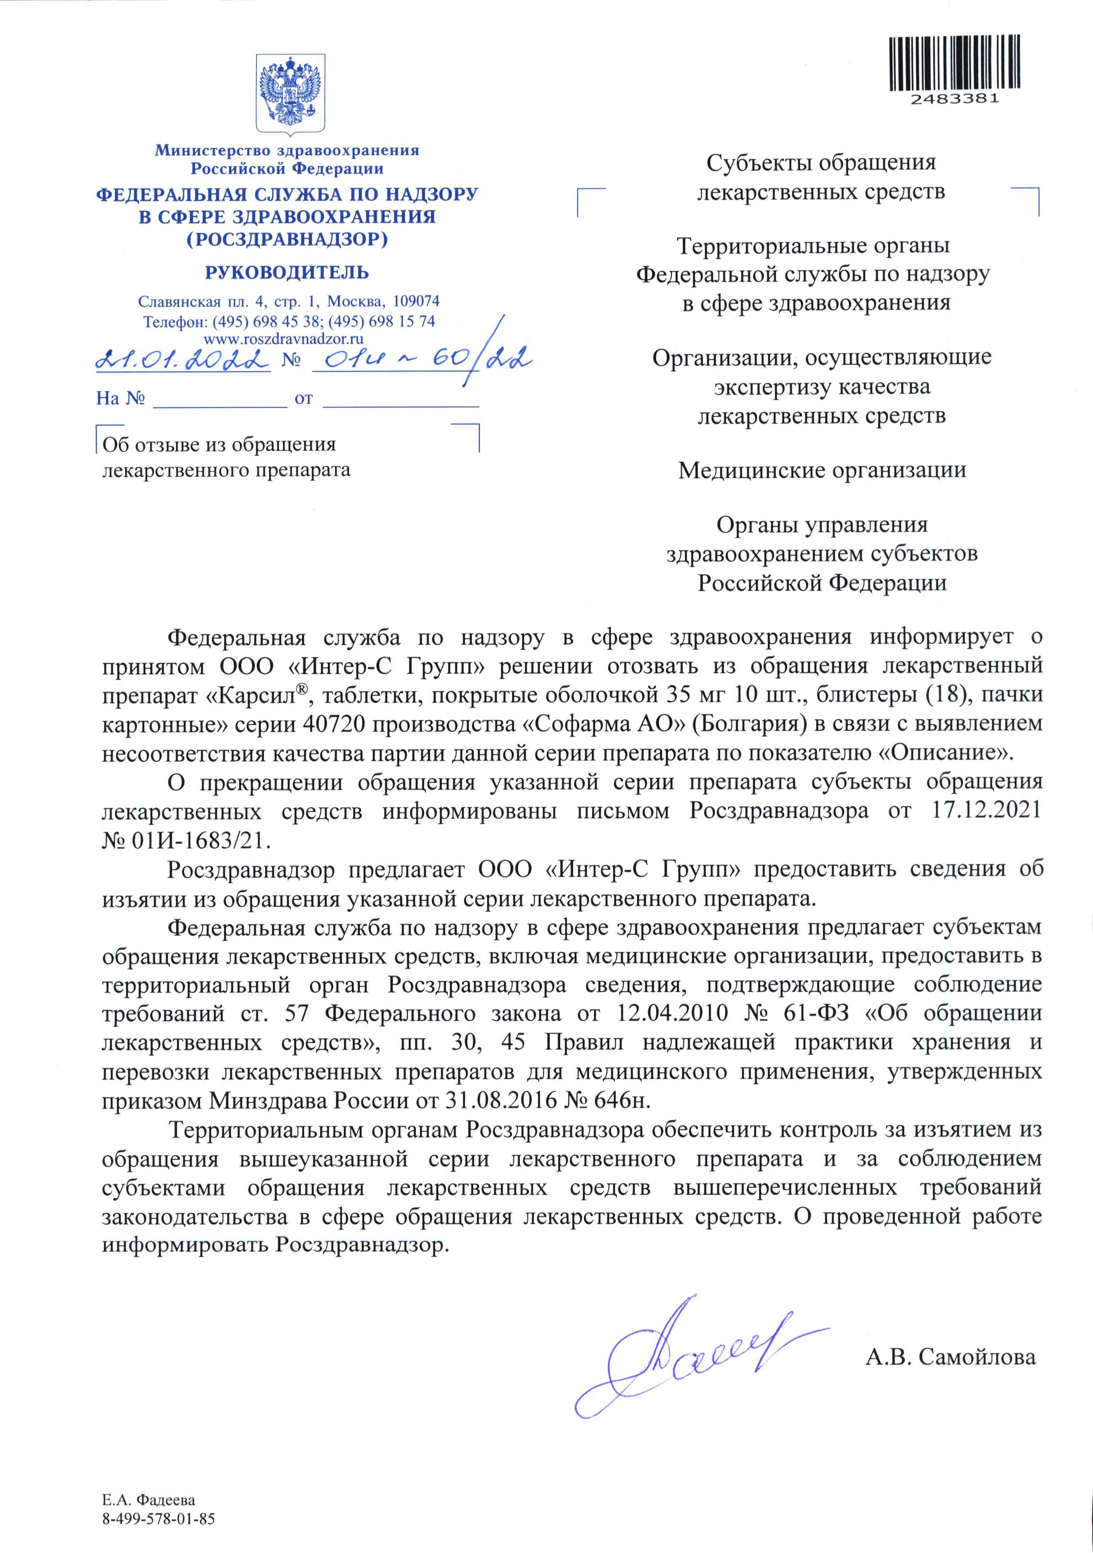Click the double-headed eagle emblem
coord(290,94)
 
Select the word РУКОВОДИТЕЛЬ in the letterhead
coord(287,273)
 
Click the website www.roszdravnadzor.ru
coord(284,339)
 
